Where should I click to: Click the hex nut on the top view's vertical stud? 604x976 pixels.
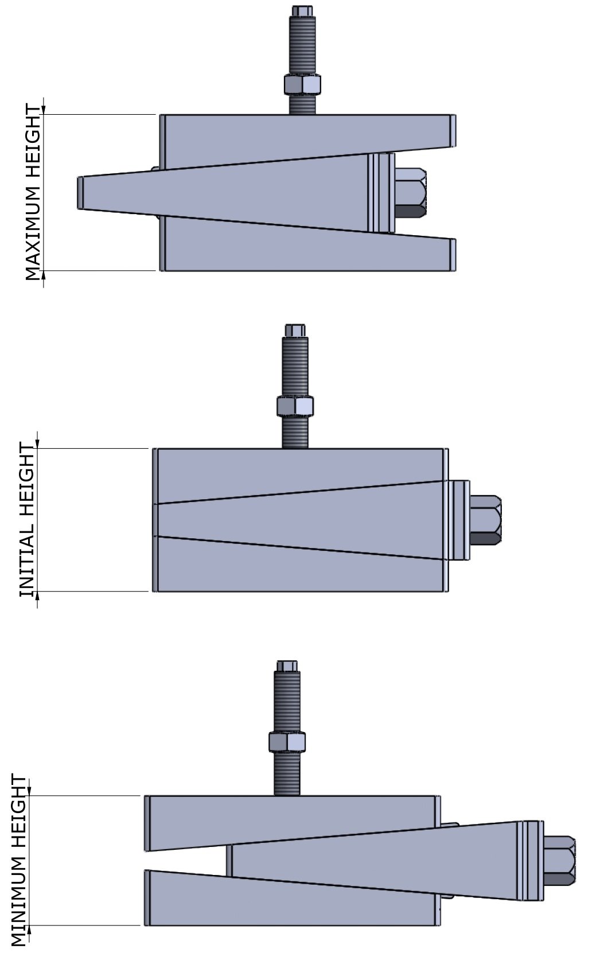pyautogui.click(x=302, y=84)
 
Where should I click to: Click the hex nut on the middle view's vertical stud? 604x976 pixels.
pyautogui.click(x=295, y=406)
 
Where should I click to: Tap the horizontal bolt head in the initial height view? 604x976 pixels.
pyautogui.click(x=485, y=520)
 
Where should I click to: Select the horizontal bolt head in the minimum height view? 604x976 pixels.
pyautogui.click(x=559, y=861)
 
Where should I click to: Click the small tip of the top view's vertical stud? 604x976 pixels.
pyautogui.click(x=302, y=10)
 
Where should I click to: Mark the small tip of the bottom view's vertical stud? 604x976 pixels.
pyautogui.click(x=287, y=666)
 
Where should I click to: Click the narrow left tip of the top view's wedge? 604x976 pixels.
pyautogui.click(x=81, y=192)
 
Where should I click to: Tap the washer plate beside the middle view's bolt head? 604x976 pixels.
pyautogui.click(x=459, y=520)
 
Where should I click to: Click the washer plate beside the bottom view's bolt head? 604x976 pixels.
pyautogui.click(x=533, y=861)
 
